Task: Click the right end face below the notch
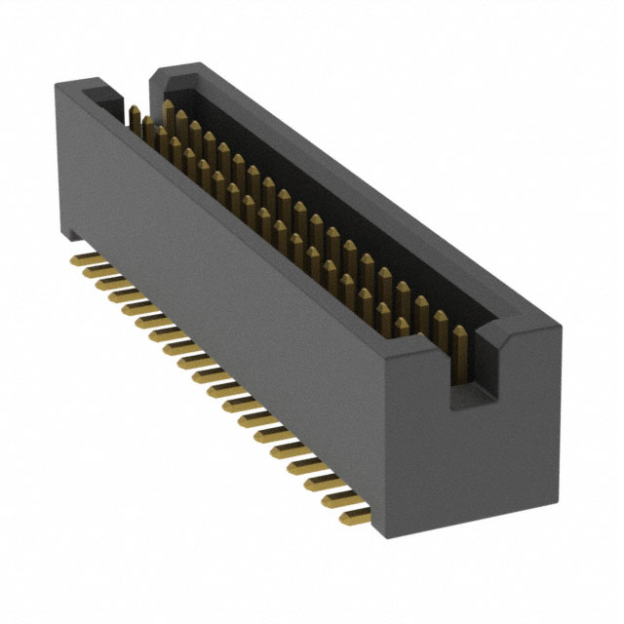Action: pyautogui.click(x=478, y=458)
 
